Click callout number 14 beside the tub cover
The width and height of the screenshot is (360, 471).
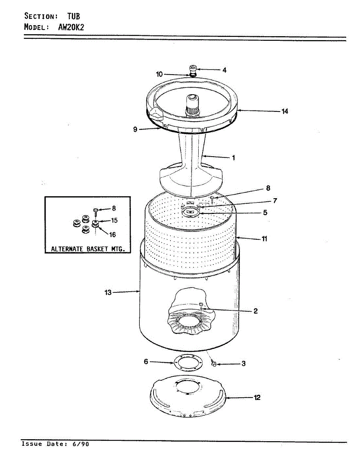285,111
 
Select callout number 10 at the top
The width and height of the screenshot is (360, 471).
159,74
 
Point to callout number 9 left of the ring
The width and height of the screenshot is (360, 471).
135,129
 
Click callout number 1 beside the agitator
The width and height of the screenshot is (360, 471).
233,158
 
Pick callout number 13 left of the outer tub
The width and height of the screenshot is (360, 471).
108,292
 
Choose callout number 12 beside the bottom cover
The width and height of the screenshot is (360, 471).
257,398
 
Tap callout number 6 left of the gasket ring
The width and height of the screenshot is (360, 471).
146,361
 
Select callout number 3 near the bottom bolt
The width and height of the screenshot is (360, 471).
243,364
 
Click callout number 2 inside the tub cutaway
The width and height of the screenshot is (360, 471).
255,311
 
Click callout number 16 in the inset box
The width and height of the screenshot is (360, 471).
112,235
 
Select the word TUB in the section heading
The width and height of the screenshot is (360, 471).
73,16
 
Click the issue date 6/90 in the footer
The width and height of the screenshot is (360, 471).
81,444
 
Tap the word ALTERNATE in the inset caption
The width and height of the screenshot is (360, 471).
68,249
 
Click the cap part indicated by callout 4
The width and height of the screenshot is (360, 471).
193,68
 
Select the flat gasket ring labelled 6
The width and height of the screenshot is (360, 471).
188,362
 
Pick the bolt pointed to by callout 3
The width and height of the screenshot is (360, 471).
214,364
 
